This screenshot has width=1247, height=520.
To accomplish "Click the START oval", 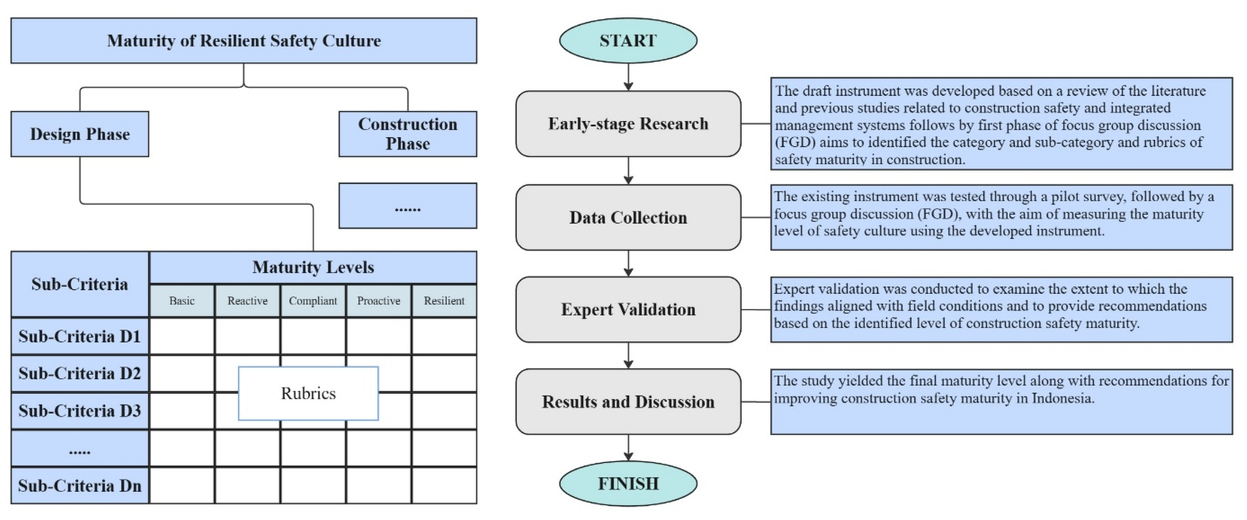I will click(628, 41).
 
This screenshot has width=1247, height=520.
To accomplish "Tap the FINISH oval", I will click(628, 483).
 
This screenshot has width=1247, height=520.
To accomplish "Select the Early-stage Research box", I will click(628, 124).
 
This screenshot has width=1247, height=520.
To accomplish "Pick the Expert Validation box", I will click(628, 309).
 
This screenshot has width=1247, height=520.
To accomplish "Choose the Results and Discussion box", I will click(628, 401).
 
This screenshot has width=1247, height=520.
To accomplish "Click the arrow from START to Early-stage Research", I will click(628, 77).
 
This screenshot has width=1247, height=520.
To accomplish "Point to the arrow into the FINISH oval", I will click(628, 448).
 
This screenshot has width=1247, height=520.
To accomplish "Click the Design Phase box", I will click(80, 134).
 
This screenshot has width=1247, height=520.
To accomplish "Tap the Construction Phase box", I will click(408, 134).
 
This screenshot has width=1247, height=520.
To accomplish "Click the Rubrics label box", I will click(308, 393).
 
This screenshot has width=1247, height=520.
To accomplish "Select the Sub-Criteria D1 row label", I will click(80, 336).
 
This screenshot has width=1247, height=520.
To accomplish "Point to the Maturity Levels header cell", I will click(313, 267).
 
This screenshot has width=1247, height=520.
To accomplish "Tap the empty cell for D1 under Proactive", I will click(379, 336).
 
